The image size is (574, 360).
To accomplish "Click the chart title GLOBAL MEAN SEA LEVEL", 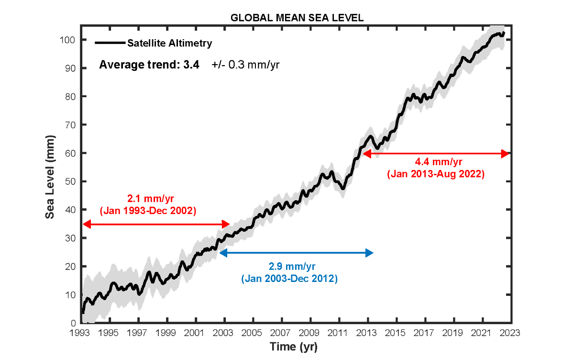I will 297,18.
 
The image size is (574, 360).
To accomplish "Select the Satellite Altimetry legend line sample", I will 110,43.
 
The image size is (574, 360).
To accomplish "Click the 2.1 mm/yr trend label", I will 148,198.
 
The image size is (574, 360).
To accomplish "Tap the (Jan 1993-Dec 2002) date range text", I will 148,210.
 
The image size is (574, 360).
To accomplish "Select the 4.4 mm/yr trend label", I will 436,163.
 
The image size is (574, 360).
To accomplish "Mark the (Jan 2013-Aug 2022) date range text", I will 436,175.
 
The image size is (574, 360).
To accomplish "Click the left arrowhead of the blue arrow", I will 222,252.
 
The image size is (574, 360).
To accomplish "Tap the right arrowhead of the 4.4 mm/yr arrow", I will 505,154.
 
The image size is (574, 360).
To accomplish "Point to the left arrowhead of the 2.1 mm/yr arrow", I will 87,224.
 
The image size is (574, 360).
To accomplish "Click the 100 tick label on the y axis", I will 70,40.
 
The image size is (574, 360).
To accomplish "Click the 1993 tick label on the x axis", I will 82,333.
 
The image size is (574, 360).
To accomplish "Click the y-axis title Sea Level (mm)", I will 50,178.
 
